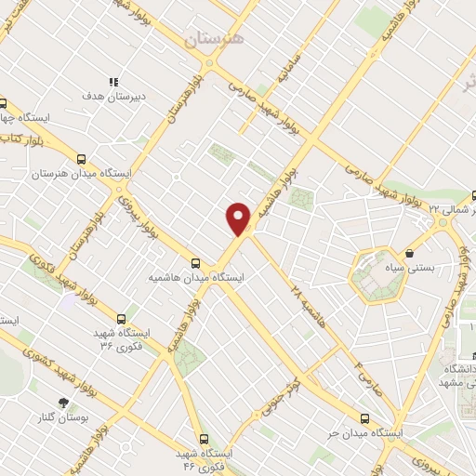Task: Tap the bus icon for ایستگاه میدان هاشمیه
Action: (195, 263)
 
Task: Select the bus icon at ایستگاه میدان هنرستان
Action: (82, 159)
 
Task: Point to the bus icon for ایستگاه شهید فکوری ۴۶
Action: (204, 438)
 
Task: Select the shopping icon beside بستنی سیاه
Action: (410, 252)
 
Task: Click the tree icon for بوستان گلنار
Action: (63, 403)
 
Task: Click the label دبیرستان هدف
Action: (104, 96)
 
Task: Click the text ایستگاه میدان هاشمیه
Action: (196, 278)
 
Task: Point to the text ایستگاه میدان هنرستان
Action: (82, 174)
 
